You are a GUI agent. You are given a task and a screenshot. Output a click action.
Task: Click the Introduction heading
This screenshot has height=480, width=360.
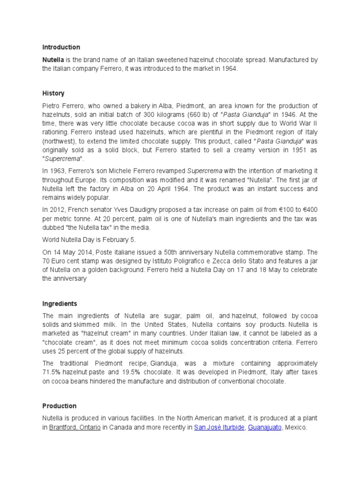(x=61, y=47)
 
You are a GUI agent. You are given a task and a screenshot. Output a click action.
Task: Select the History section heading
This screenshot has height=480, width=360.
(x=53, y=93)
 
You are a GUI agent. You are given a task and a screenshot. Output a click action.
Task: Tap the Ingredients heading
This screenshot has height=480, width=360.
(x=60, y=304)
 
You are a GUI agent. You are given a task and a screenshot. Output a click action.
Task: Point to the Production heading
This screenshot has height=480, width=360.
(x=59, y=406)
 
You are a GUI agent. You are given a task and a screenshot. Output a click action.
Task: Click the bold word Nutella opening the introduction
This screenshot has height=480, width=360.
(x=53, y=60)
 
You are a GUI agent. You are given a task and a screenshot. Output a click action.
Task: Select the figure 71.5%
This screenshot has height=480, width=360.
(x=53, y=372)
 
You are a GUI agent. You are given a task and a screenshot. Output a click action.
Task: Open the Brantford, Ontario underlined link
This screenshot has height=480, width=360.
(x=75, y=427)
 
